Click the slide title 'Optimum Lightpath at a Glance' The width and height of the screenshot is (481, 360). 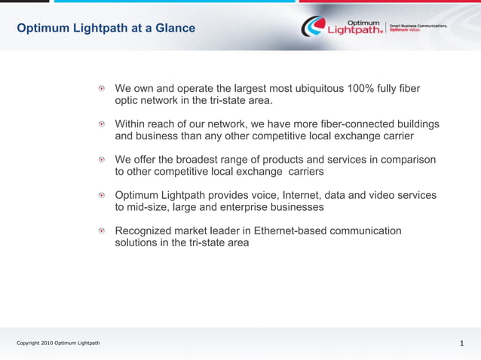coord(106,29)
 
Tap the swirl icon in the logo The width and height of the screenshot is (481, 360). coord(312,27)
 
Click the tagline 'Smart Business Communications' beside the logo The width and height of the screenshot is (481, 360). coord(418,25)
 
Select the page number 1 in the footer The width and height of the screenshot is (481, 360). coord(461,343)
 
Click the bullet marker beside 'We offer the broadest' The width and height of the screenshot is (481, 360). coord(102,160)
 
